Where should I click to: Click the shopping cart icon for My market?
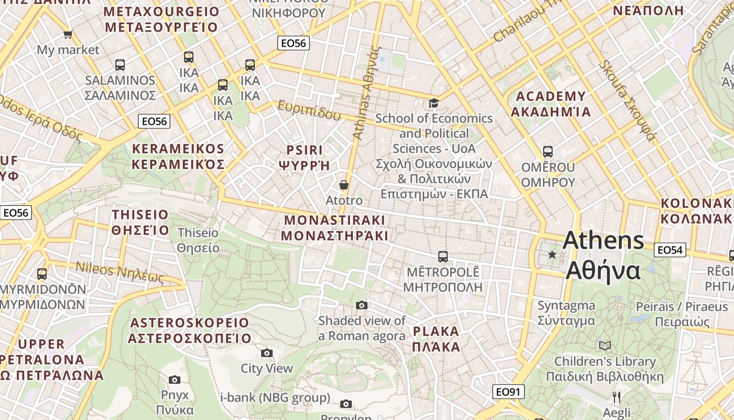[68, 35]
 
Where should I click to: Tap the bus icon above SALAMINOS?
[120, 65]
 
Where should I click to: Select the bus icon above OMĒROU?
[548, 152]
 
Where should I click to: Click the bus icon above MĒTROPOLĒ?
[443, 257]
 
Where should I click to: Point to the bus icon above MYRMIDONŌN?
[42, 274]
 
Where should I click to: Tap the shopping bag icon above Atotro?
[344, 185]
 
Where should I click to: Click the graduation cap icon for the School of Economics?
[434, 103]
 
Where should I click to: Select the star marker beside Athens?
[552, 255]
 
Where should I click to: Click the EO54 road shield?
[670, 250]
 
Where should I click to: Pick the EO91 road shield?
[509, 392]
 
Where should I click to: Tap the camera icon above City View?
[267, 353]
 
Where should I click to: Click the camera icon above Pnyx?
[175, 380]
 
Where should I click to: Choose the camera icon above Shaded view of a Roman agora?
[362, 305]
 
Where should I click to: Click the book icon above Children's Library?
[605, 345]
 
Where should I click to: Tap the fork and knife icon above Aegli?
[617, 397]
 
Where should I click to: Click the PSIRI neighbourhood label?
[305, 150]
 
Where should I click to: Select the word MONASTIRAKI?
[334, 220]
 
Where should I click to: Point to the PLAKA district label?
[436, 332]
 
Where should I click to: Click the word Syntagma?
[566, 306]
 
